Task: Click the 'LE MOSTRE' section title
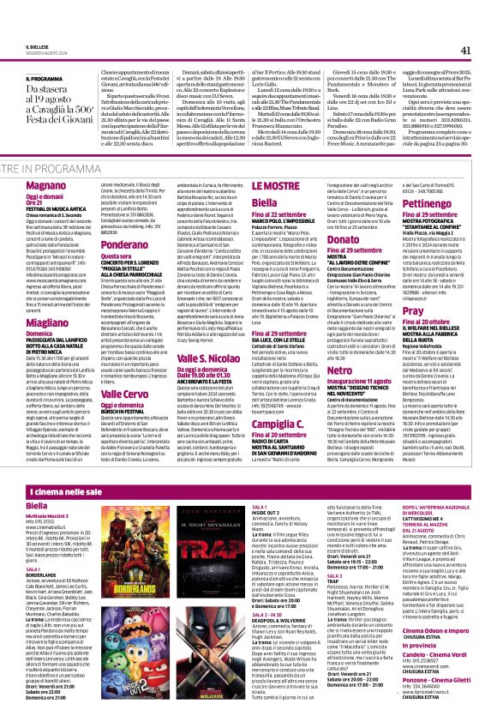point(256,185)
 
